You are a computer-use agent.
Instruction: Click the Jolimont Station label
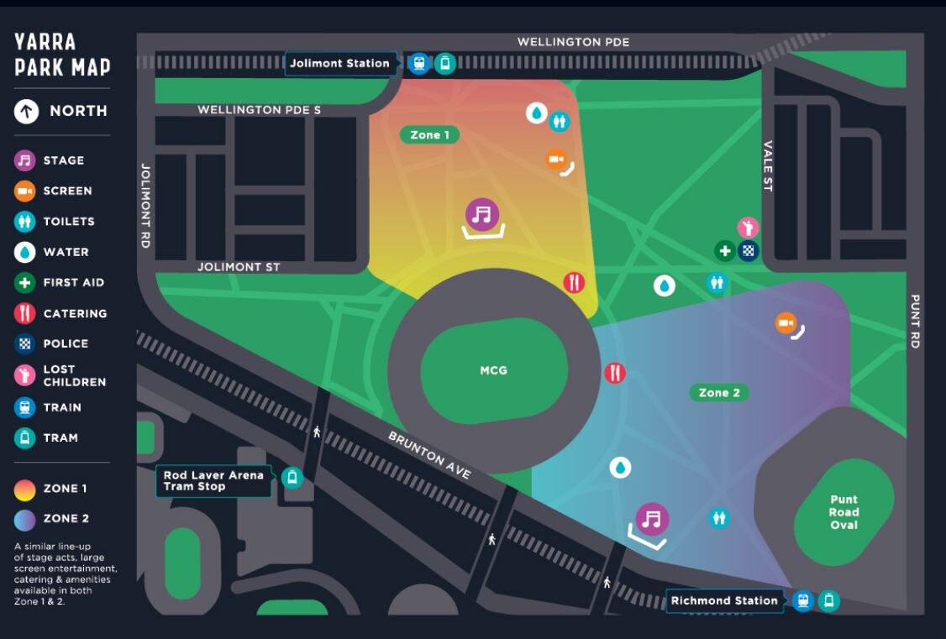click(339, 63)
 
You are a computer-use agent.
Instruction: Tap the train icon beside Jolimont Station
click(418, 63)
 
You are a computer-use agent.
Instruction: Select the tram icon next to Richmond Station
click(829, 600)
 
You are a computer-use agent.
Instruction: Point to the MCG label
click(493, 370)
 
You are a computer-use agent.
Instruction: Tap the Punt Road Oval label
click(844, 512)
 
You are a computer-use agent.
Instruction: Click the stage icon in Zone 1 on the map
click(481, 214)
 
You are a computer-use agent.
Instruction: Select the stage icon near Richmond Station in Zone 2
click(652, 520)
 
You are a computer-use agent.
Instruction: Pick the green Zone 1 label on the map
click(429, 135)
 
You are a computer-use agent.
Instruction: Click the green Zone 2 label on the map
click(718, 392)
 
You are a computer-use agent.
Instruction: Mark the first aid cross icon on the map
click(724, 250)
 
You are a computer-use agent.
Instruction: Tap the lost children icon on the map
click(748, 228)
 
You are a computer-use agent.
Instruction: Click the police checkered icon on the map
click(749, 250)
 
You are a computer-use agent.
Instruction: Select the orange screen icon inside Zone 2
click(786, 323)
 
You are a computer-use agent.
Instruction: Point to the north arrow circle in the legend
click(26, 111)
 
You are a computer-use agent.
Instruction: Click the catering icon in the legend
click(25, 313)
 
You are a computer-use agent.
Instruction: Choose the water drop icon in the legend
click(25, 252)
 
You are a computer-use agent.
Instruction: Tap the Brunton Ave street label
click(429, 455)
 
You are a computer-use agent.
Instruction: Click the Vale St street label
click(767, 166)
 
